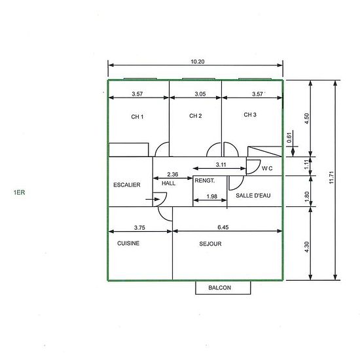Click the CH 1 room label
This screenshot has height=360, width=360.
(x=137, y=117)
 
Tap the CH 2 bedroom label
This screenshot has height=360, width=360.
(x=196, y=116)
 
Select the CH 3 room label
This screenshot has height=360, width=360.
(x=250, y=115)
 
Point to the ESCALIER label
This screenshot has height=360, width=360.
(x=127, y=185)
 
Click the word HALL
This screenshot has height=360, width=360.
(x=168, y=183)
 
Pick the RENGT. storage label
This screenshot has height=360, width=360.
(x=205, y=181)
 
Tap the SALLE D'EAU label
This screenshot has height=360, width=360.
(x=253, y=196)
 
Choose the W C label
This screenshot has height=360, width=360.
(x=267, y=168)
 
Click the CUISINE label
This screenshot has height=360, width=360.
(x=128, y=243)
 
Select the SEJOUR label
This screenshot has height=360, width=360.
(x=210, y=244)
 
